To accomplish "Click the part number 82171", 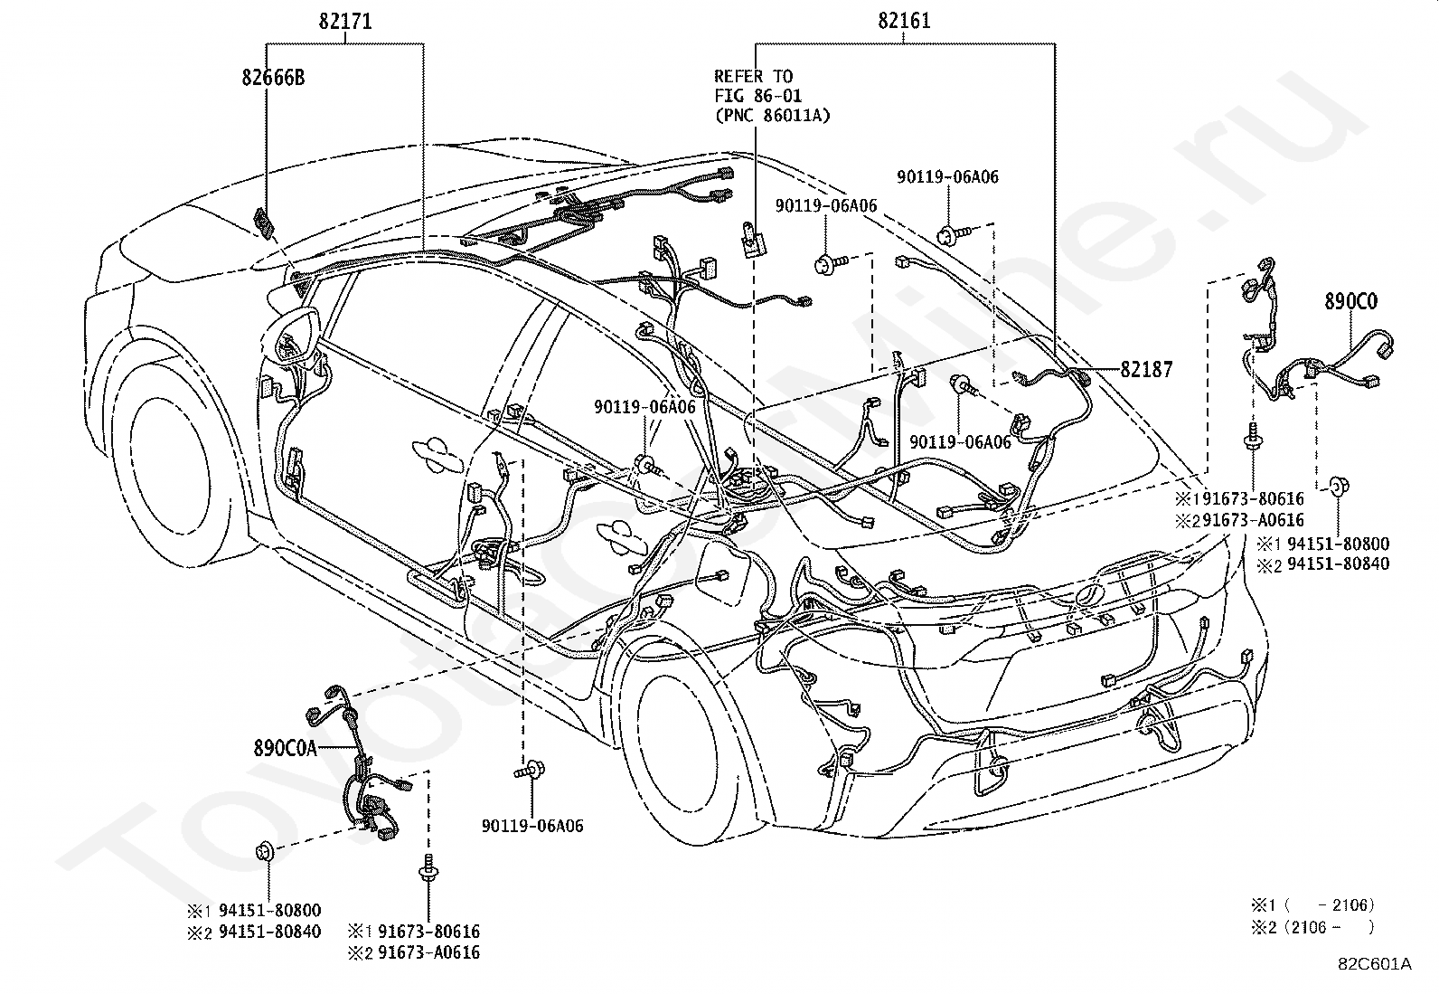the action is click(x=345, y=21).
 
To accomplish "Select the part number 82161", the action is click(x=904, y=21).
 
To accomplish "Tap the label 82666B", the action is click(x=273, y=78).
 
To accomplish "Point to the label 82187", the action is click(x=1147, y=370).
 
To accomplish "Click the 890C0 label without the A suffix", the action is click(x=1351, y=301).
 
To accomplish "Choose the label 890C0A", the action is click(x=286, y=748).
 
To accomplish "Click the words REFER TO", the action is click(x=754, y=77).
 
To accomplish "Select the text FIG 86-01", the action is click(x=758, y=96).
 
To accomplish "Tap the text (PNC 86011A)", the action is click(x=772, y=116).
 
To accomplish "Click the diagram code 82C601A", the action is click(x=1375, y=964).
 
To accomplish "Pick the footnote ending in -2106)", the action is click(x=1312, y=905).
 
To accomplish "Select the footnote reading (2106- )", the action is click(x=1312, y=927).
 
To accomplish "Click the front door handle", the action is click(x=438, y=451).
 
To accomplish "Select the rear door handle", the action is click(x=622, y=536).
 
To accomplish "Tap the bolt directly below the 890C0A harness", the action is click(x=428, y=868).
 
